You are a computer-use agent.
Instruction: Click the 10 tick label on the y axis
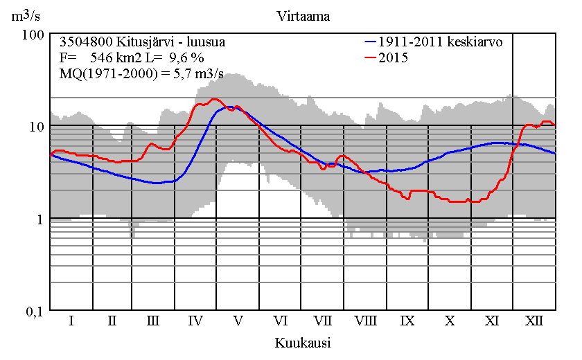(36, 126)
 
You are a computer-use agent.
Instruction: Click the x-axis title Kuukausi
(302, 343)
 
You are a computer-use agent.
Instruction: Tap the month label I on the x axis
(71, 321)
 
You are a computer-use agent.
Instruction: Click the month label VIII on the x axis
(365, 321)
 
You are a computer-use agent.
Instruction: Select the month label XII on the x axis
(533, 321)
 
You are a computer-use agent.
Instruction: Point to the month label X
(450, 321)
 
